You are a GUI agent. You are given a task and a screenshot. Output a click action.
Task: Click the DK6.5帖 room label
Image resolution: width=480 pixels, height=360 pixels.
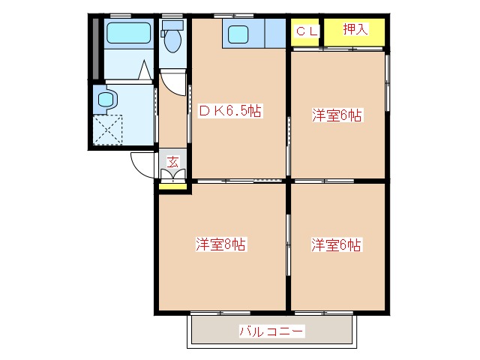pos(230,110)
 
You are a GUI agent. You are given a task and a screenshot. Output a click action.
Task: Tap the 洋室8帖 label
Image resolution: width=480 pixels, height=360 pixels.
pos(221,244)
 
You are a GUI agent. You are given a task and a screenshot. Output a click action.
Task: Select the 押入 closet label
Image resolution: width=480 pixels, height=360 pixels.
pos(354,29)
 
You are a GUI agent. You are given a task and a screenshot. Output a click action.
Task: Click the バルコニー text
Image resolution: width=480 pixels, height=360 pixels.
pos(271,331)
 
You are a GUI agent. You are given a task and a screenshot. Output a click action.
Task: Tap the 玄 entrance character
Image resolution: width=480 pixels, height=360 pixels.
pos(172,160)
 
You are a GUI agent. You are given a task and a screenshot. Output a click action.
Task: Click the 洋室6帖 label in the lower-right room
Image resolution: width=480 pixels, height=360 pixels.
pos(337,244)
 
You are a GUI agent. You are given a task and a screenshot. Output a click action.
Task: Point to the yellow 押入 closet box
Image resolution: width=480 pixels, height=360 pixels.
pos(355,31)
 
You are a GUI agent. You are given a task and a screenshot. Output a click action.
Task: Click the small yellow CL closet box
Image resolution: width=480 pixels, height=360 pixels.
pos(306,32)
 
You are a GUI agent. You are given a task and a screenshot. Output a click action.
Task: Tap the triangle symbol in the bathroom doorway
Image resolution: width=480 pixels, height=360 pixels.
pos(144,73)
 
